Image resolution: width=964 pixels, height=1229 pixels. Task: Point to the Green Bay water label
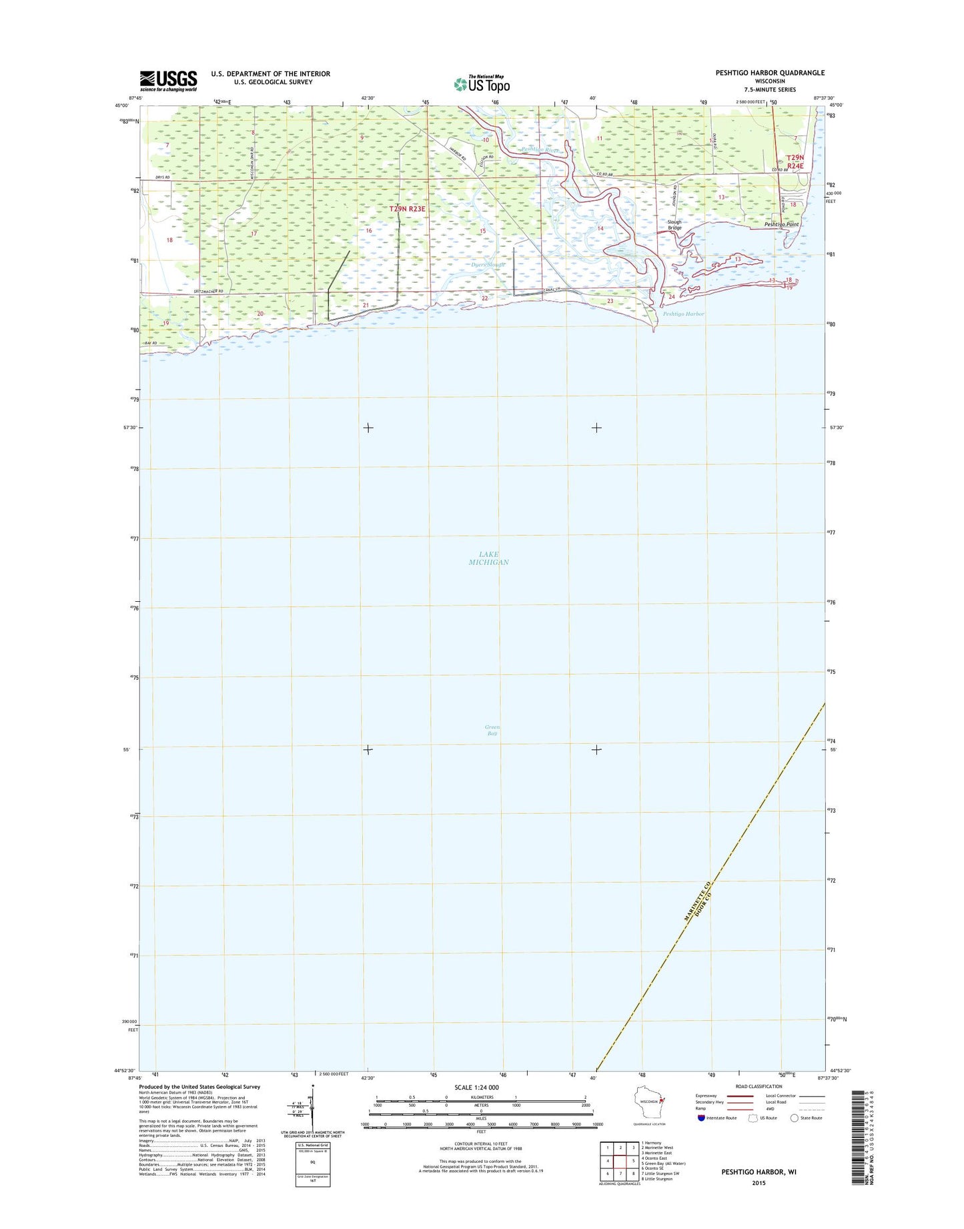(492, 730)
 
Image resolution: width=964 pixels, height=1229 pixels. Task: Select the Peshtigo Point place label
(781, 225)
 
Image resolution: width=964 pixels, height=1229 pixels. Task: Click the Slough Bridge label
(674, 225)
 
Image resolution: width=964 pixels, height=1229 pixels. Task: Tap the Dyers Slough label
(488, 265)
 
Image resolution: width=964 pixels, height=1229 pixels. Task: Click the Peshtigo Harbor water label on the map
(683, 314)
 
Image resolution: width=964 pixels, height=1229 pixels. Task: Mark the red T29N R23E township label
(407, 209)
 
